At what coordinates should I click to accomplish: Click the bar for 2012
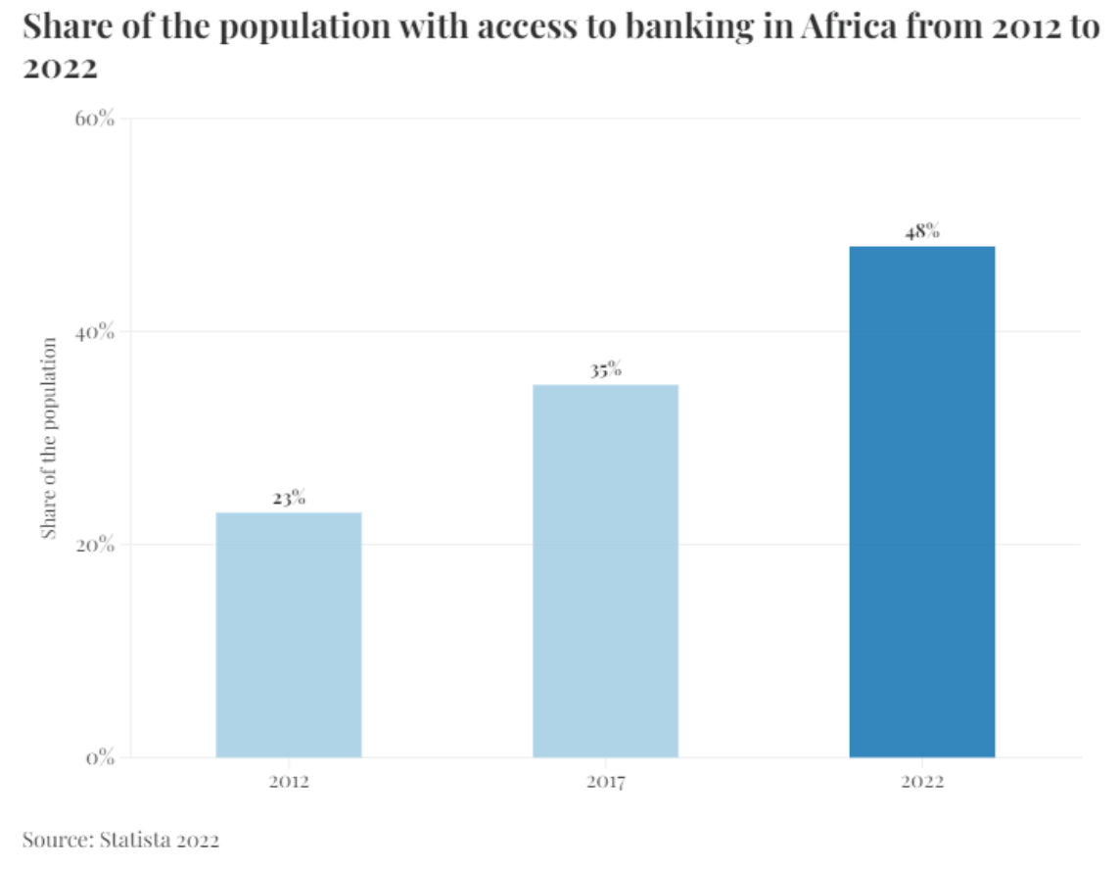pos(289,634)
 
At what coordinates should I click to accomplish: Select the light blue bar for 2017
pos(605,570)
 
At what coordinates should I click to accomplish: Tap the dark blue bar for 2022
pos(921,501)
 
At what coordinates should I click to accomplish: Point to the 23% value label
pos(289,498)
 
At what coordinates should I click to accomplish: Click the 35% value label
pos(605,370)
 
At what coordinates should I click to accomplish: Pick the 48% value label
pos(922,232)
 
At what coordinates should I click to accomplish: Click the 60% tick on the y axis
pos(95,120)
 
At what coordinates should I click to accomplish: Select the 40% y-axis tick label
pos(95,332)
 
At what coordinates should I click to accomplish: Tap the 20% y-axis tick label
pos(95,545)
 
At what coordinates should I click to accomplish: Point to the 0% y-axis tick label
pos(101,757)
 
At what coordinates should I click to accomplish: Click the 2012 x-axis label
pos(289,783)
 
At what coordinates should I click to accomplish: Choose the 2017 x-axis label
pos(605,783)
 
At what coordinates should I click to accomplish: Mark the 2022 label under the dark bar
pos(921,783)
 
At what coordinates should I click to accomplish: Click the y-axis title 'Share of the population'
pos(49,438)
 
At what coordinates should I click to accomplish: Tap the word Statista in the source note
pos(132,840)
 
